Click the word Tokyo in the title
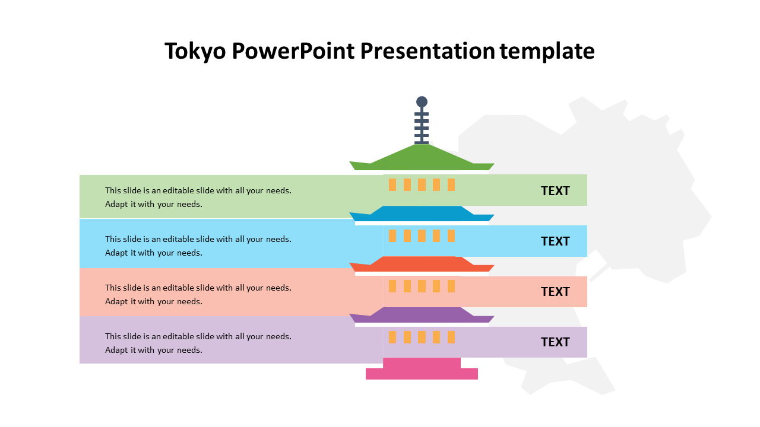pos(195,52)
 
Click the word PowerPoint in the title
pos(293,52)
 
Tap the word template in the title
pos(547,52)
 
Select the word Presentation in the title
pos(427,51)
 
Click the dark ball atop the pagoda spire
pos(422,101)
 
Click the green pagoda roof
pos(422,158)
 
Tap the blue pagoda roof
pos(422,213)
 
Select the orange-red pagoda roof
pos(422,264)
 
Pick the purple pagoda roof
pos(422,315)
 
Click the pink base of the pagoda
pos(422,369)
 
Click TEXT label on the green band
pos(555,191)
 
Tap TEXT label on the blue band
pos(555,241)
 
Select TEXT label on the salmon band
pos(555,292)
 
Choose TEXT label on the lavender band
pos(555,342)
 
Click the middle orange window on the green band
pos(422,184)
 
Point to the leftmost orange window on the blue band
pos(392,235)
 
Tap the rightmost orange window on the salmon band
pos(451,286)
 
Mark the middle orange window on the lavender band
pos(422,337)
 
